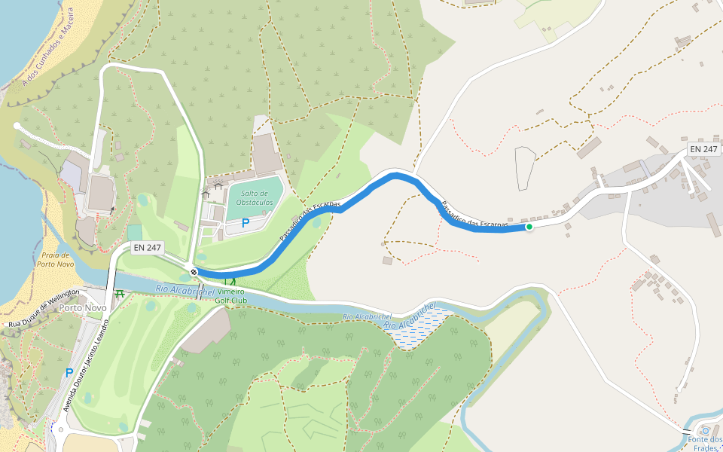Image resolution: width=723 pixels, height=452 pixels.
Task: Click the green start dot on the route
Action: point(529,227)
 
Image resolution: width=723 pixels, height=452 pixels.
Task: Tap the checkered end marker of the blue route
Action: point(194,272)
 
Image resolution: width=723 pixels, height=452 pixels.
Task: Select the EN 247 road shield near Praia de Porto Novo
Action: point(148,248)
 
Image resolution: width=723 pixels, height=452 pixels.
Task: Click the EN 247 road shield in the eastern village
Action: point(703,149)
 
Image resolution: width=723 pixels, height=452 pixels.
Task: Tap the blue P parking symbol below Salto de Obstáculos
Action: point(245,223)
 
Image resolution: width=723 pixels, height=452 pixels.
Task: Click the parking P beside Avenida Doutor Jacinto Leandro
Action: point(69,373)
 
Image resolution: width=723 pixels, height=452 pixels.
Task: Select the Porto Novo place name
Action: point(81,307)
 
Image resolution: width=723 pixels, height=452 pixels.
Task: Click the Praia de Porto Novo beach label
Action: point(57,260)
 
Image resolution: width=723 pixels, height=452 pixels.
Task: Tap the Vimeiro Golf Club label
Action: point(232,296)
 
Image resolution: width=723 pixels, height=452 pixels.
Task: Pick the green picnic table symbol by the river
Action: point(119,293)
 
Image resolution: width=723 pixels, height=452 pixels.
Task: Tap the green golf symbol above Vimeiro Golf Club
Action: point(229,282)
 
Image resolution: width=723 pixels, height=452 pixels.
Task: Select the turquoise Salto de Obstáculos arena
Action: point(255,197)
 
